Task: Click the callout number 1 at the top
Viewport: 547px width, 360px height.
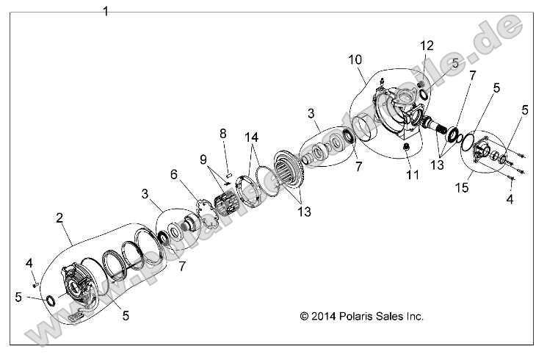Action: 106,11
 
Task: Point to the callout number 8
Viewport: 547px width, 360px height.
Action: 223,134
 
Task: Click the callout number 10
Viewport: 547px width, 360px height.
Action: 355,58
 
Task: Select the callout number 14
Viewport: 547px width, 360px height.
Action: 252,137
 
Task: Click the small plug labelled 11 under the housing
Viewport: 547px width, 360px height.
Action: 405,150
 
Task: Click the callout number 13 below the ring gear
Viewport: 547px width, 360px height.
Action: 303,212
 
